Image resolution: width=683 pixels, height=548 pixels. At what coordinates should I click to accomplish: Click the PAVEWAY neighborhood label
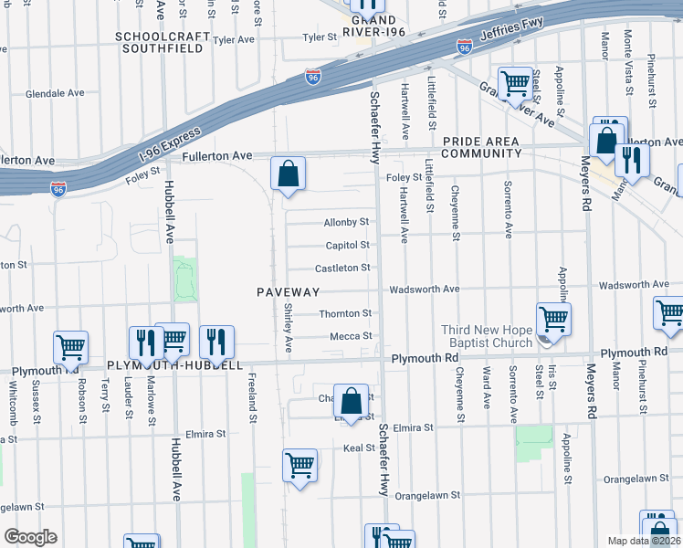click(288, 292)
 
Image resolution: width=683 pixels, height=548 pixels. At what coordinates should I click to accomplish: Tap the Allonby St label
click(346, 222)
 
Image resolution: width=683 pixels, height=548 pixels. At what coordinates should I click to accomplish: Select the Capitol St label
click(347, 245)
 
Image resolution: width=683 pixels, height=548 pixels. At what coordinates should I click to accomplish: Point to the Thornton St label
click(345, 313)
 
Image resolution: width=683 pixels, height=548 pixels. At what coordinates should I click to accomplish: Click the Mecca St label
click(351, 336)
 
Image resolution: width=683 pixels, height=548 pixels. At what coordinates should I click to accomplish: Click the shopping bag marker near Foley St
click(288, 173)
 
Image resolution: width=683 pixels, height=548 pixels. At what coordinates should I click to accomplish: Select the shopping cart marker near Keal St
click(299, 466)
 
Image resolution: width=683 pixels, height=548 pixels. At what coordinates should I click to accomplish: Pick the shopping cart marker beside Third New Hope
click(553, 320)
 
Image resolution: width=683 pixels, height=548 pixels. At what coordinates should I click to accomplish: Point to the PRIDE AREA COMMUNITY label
click(481, 147)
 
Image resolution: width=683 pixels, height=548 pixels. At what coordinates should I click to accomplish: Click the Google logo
click(29, 536)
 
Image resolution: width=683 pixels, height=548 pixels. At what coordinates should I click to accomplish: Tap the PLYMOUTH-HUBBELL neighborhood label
click(175, 365)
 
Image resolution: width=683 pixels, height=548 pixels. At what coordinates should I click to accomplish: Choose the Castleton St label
click(341, 268)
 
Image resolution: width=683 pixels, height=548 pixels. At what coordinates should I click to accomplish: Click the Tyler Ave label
click(233, 40)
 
